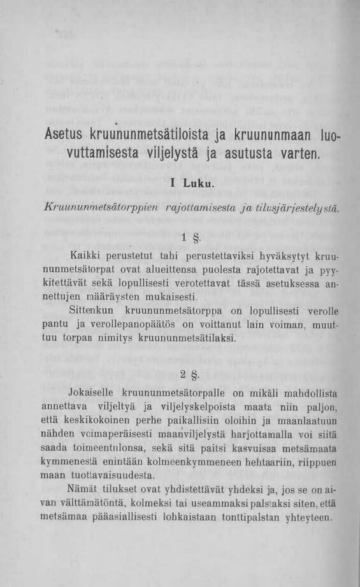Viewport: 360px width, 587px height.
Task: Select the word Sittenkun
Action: [91, 311]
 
